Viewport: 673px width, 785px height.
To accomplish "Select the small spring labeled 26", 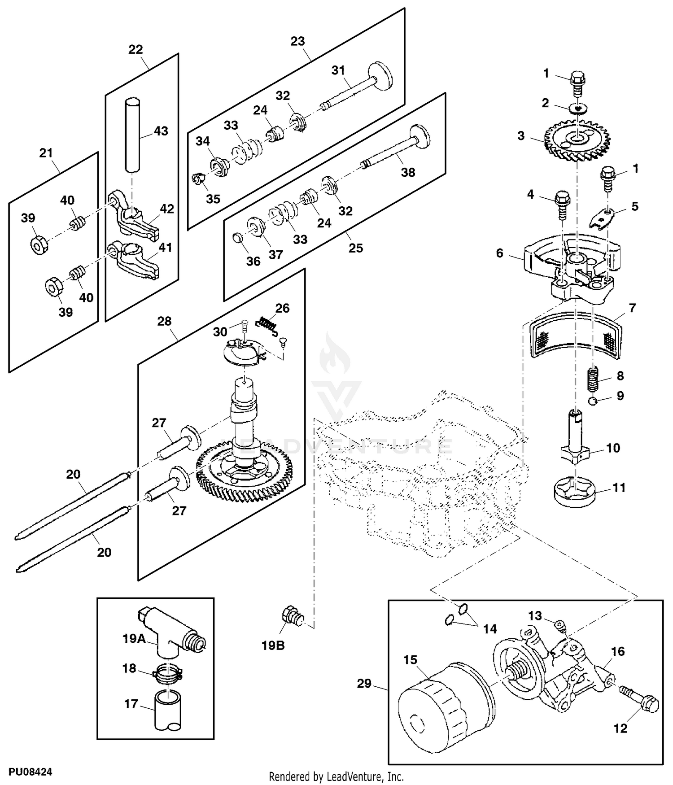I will tap(267, 323).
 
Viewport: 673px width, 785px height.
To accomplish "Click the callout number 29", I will tap(364, 684).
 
